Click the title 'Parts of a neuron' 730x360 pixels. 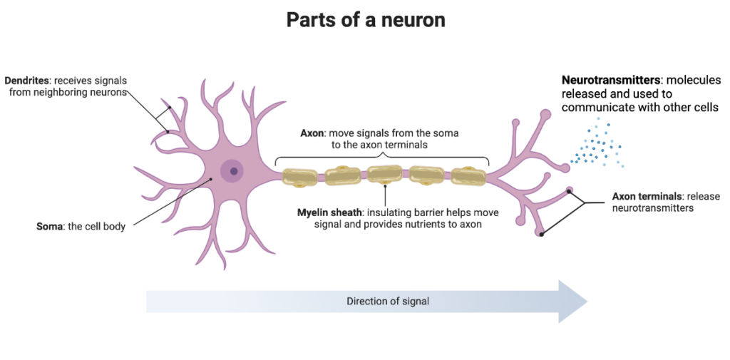(x=365, y=19)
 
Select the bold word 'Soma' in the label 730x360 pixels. (x=50, y=227)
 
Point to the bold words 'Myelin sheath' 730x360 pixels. (x=330, y=212)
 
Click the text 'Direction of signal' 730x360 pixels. (x=388, y=301)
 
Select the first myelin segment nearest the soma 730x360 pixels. (x=299, y=176)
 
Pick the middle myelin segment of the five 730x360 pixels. (x=385, y=175)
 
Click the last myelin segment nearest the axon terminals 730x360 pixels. (x=468, y=175)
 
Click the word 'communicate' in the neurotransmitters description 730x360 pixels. (x=592, y=108)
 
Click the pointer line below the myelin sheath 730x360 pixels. (x=385, y=197)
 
